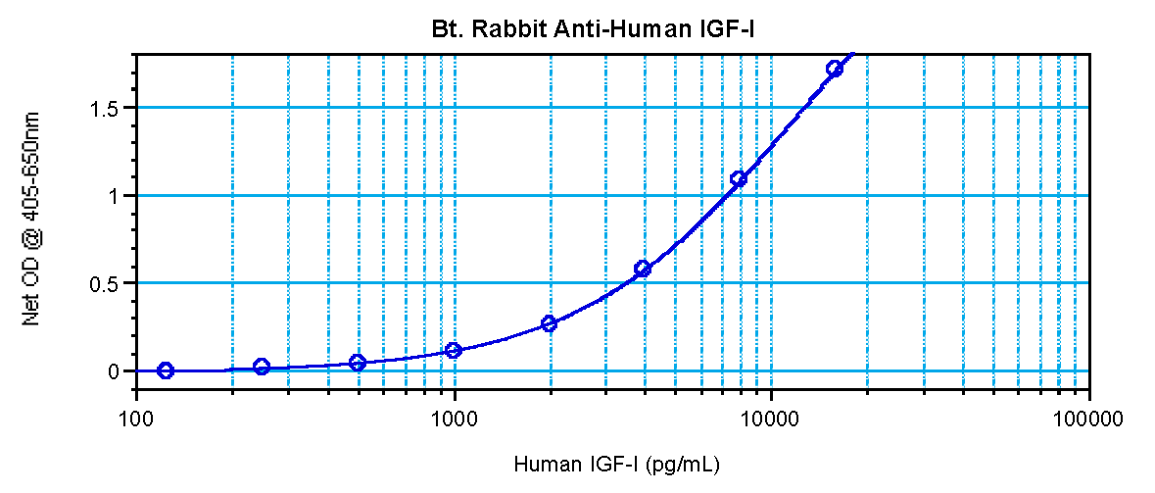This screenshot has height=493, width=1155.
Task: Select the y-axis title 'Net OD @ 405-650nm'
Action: click(32, 219)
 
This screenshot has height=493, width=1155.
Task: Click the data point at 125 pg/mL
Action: click(166, 370)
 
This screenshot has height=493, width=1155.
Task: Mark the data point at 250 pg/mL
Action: click(262, 367)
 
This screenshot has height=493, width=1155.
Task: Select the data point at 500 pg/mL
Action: click(358, 363)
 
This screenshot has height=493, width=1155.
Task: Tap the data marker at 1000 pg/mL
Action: click(454, 350)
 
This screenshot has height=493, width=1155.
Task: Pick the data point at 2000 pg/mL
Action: click(549, 323)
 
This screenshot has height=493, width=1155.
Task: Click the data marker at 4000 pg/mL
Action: click(643, 269)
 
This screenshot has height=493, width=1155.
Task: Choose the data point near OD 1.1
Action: click(739, 179)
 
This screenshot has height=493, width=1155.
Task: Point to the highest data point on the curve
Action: click(834, 69)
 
